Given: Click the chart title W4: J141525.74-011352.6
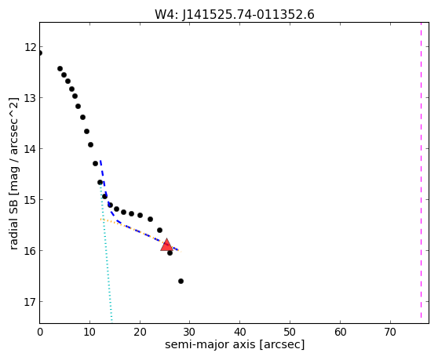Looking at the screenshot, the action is coord(235,14).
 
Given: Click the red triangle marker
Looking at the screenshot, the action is coord(166,245).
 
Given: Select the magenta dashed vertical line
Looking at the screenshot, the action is coord(421,170).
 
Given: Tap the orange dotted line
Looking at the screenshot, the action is coord(141,235).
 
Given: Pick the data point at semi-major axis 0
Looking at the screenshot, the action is coord(40,53).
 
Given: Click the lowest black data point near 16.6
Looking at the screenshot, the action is coord(181,281).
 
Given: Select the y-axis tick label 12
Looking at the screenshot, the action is coord(30,47).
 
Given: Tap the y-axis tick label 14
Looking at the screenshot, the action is coord(30,149).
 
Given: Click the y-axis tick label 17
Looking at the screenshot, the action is coord(30,302).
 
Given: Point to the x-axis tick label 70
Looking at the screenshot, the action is coord(390,332).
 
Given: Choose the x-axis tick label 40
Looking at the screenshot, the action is coord(239,332).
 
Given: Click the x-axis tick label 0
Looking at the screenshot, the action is coord(40,332).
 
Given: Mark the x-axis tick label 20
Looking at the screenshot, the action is coord(140,332).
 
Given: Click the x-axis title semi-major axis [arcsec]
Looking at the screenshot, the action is coord(235,344).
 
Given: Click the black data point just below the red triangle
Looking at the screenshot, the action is coord(170,253).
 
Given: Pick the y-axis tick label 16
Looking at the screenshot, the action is coord(30,251).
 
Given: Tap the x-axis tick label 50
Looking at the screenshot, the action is coord(290,332).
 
